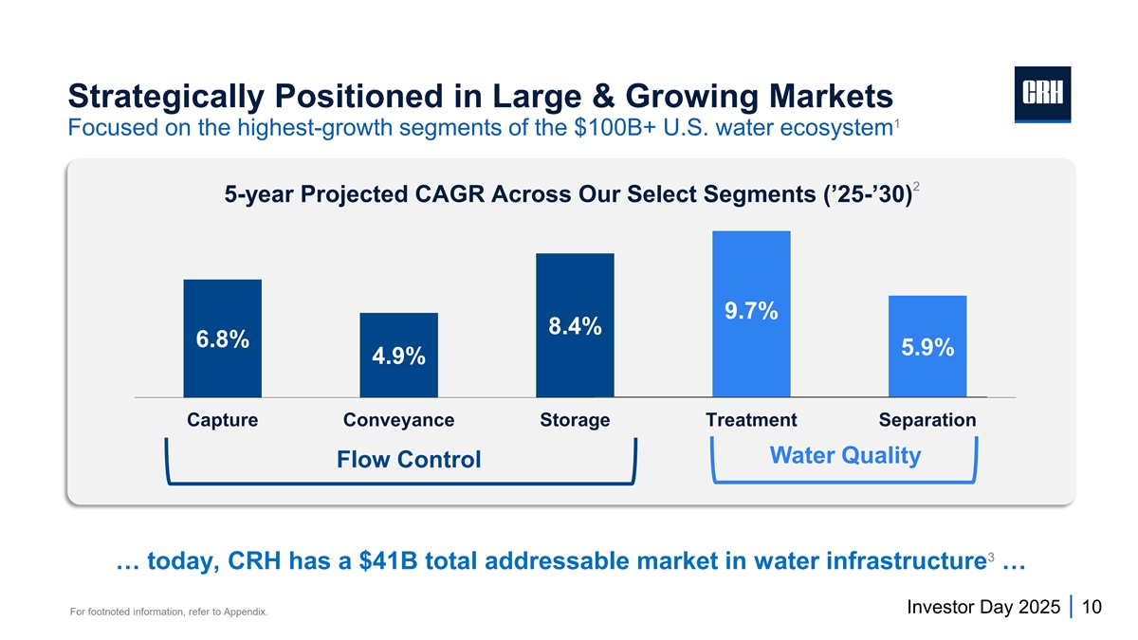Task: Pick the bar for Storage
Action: click(575, 284)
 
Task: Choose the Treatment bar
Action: click(751, 265)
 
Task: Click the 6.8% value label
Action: click(223, 339)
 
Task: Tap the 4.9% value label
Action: click(398, 357)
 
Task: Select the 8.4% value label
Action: click(575, 327)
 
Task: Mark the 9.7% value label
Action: click(751, 311)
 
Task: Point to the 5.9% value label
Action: click(927, 348)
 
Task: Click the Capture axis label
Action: click(223, 420)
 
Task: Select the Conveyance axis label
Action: click(398, 420)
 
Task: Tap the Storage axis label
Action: click(575, 420)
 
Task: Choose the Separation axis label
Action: click(927, 420)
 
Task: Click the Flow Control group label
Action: click(409, 460)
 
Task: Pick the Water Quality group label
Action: click(845, 456)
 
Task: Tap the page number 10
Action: click(1091, 607)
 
